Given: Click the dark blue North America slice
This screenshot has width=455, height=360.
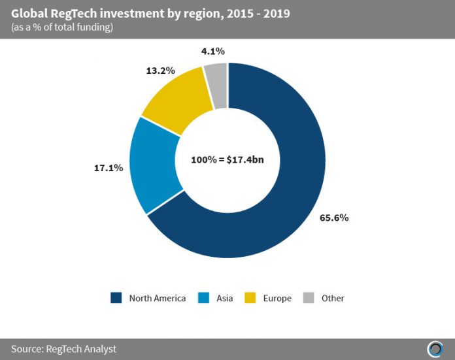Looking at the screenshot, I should tap(288, 196).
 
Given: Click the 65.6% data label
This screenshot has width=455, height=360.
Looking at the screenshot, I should tap(334, 218).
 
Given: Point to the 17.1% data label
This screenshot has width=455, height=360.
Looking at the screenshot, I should tap(109, 168).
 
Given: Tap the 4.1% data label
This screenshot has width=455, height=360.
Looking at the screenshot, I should tap(213, 50).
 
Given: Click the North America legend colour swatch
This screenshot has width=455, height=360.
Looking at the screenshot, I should tap(117, 298).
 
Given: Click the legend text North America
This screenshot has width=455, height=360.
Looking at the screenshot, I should tap(157, 298).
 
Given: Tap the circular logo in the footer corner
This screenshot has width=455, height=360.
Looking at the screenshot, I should tap(434, 348).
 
